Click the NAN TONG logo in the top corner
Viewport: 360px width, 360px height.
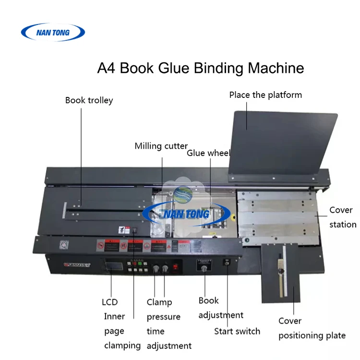53,33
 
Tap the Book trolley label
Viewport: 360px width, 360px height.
89,100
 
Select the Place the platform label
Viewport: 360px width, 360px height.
265,95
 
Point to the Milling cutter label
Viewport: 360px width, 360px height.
161,146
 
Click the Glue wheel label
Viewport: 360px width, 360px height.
209,153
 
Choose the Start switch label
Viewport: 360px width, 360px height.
237,331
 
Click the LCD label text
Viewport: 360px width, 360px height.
109,302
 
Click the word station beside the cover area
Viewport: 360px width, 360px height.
343,224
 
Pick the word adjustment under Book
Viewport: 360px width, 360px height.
221,315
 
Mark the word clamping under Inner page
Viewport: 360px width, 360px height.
122,345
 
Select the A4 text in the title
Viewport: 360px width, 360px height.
107,68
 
